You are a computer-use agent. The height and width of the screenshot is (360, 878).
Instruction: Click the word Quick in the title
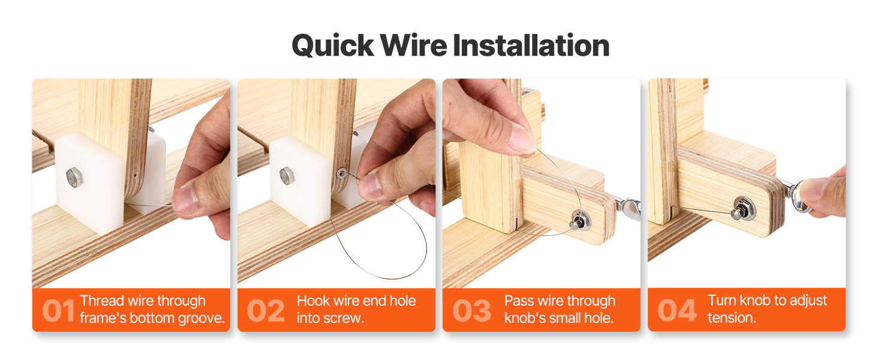[x=333, y=46]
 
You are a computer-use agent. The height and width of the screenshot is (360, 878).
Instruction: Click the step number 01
[x=58, y=311]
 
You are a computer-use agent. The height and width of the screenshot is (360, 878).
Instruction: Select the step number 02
[x=266, y=311]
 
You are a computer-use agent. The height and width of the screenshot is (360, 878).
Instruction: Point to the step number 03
[x=471, y=311]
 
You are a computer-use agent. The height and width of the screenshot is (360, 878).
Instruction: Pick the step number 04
[x=677, y=311]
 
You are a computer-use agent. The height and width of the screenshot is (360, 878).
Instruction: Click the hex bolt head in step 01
[x=74, y=177]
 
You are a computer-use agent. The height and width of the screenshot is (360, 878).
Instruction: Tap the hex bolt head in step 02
[x=287, y=176]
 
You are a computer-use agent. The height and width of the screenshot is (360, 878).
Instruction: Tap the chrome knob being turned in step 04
[x=801, y=196]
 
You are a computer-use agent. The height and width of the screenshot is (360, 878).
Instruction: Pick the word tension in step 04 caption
[x=732, y=317]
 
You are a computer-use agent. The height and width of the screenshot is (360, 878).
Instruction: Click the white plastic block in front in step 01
[x=90, y=184]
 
